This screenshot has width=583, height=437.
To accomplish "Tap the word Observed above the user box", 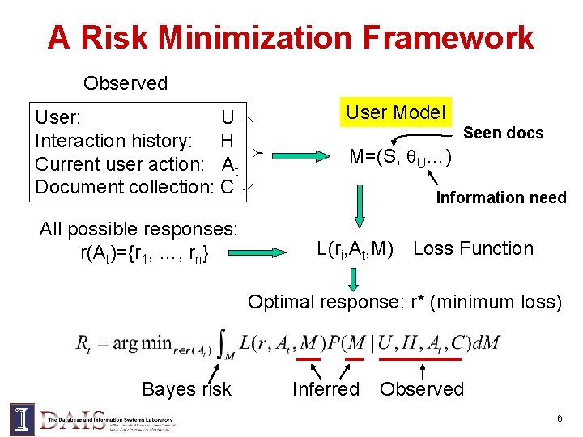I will pyautogui.click(x=126, y=83).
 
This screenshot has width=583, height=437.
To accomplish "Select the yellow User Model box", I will pyautogui.click(x=396, y=112).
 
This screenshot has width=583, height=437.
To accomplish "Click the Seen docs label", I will pyautogui.click(x=503, y=133).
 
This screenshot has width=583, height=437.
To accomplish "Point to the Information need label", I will pyautogui.click(x=501, y=197).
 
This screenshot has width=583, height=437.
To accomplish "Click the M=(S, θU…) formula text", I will pyautogui.click(x=401, y=157).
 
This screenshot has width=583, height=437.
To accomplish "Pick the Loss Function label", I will pyautogui.click(x=473, y=248).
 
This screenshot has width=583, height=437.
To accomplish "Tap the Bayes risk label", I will pyautogui.click(x=186, y=389).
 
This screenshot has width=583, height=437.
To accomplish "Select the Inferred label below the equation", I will pyautogui.click(x=326, y=389).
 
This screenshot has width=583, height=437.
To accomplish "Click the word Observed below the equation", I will pyautogui.click(x=422, y=389).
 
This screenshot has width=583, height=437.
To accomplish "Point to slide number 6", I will pyautogui.click(x=559, y=418).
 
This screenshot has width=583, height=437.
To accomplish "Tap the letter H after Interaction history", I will pyautogui.click(x=227, y=141).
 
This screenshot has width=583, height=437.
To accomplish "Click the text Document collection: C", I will pyautogui.click(x=134, y=187).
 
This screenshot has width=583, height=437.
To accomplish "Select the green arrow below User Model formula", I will pyautogui.click(x=359, y=208).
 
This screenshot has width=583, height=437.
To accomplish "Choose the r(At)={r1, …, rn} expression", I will pyautogui.click(x=145, y=253).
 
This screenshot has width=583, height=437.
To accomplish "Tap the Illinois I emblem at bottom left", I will pyautogui.click(x=22, y=418).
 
